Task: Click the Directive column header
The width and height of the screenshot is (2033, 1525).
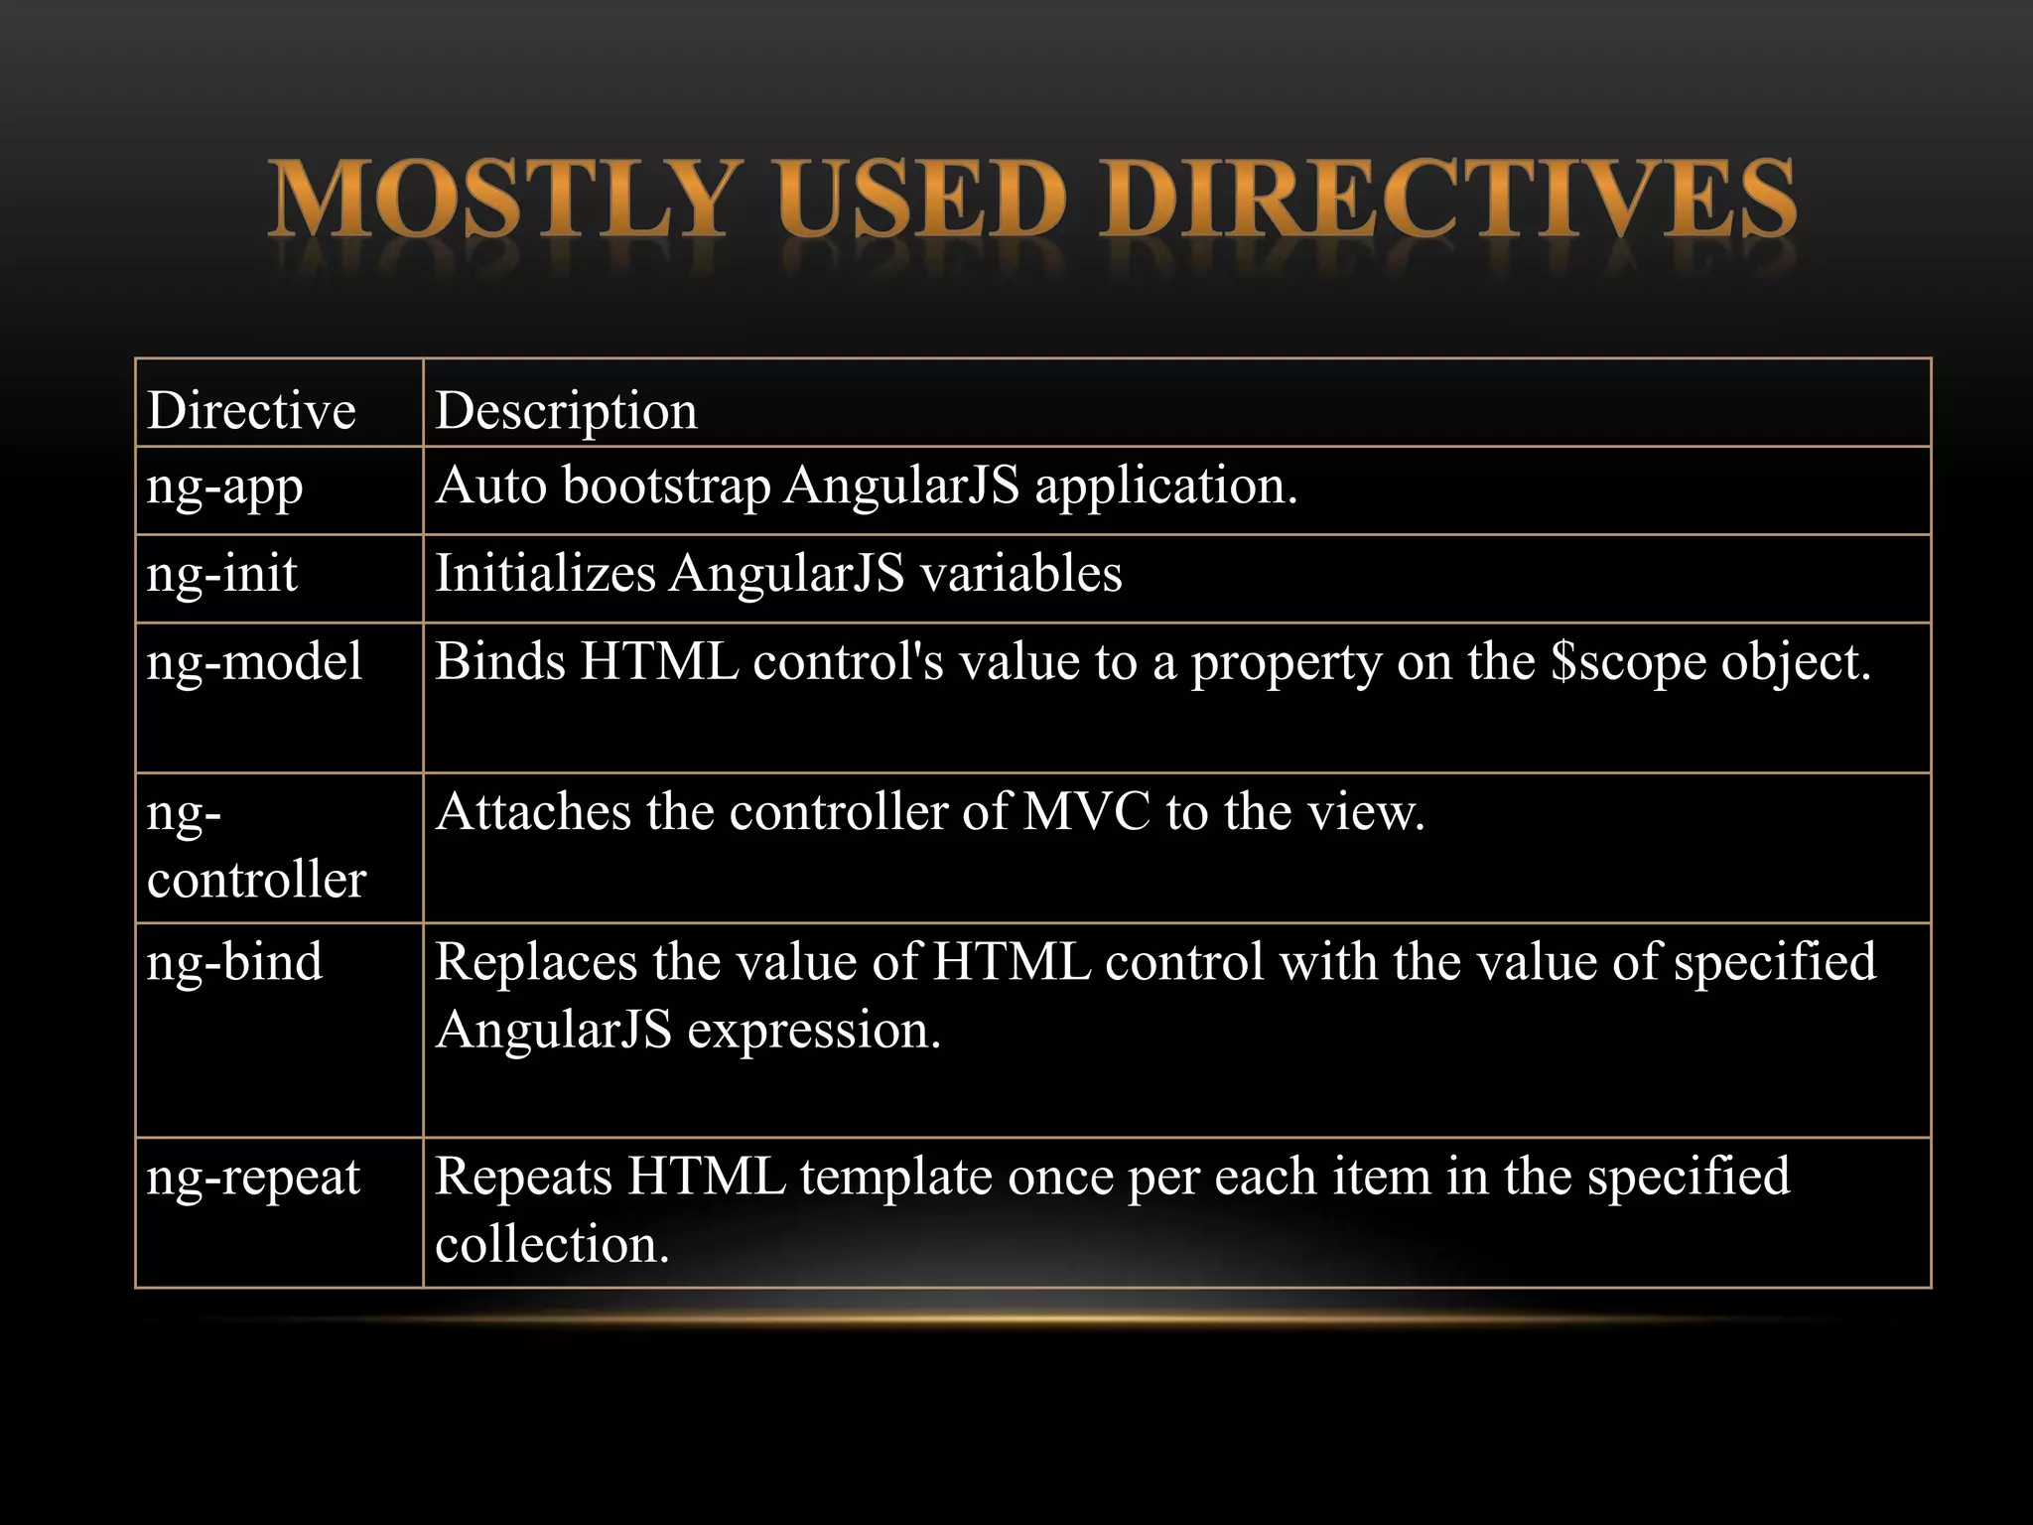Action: tap(251, 410)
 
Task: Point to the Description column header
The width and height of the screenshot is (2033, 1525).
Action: tap(566, 410)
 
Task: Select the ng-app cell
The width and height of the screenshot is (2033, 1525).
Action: tap(225, 487)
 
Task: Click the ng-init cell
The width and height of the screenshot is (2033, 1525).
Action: tap(222, 574)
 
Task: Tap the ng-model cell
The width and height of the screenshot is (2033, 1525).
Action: tap(254, 662)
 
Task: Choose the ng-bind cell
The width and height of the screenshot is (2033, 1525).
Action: tap(234, 962)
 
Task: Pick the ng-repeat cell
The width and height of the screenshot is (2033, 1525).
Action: tap(253, 1178)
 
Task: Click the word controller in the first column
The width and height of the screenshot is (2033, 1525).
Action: tap(256, 880)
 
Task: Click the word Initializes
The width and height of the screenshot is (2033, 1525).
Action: tap(545, 574)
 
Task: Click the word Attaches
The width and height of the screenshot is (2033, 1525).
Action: tap(533, 812)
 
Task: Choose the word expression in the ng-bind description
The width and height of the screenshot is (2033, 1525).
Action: tap(814, 1031)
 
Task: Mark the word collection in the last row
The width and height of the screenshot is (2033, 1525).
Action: tap(552, 1245)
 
